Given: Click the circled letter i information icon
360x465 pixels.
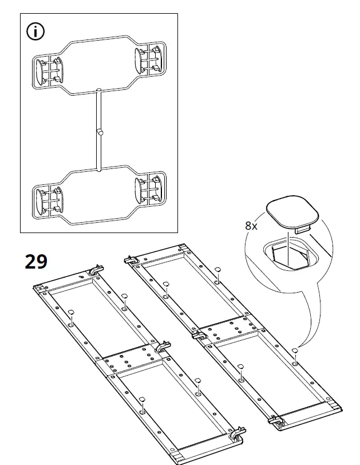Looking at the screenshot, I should pyautogui.click(x=36, y=31).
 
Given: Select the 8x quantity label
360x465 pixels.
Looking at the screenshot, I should pyautogui.click(x=251, y=226).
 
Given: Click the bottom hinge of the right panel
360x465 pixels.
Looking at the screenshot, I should pyautogui.click(x=277, y=421).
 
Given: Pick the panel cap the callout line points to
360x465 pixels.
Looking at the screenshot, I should pyautogui.click(x=294, y=350).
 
